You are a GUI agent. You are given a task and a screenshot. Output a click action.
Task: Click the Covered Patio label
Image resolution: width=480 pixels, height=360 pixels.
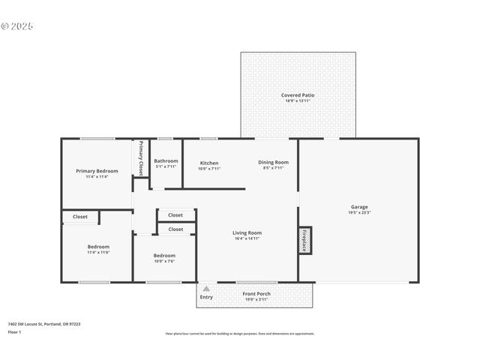(x=297, y=95)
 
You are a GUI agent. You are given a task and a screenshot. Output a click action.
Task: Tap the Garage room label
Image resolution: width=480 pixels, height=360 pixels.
(x=359, y=207)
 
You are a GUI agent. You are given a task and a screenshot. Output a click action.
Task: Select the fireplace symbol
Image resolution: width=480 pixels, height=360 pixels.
(x=306, y=241)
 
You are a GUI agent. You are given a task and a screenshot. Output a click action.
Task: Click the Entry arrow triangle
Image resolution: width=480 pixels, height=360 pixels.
(x=206, y=289)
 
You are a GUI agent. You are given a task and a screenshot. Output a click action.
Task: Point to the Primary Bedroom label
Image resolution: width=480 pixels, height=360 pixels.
(x=97, y=171)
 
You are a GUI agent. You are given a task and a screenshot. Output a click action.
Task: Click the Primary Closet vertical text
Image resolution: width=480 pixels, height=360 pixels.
(x=140, y=157)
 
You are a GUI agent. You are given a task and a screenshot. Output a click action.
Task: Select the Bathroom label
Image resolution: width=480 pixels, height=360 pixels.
(x=166, y=160)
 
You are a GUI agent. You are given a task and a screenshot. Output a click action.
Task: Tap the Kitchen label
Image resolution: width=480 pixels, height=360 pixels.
(x=209, y=163)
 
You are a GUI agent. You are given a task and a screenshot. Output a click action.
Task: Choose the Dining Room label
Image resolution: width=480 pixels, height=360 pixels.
(x=273, y=162)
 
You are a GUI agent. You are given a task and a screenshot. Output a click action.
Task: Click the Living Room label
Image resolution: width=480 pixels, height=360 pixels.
(x=247, y=232)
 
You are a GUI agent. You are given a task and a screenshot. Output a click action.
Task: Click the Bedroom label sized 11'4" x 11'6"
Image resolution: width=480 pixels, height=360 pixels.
(x=98, y=247)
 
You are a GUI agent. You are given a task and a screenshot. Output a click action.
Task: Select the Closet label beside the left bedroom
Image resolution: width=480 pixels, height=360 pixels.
(x=80, y=217)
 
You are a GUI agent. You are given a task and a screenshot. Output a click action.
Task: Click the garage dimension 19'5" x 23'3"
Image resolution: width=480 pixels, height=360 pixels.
(x=359, y=213)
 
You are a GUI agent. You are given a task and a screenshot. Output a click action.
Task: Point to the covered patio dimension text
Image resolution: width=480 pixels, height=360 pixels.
(x=297, y=101)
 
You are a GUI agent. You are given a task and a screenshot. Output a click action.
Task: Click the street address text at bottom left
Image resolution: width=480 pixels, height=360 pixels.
(x=44, y=324)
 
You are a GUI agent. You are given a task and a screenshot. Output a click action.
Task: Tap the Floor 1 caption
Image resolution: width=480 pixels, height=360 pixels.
(x=14, y=331)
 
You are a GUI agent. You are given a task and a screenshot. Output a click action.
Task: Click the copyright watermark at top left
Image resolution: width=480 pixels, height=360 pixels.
(x=17, y=26)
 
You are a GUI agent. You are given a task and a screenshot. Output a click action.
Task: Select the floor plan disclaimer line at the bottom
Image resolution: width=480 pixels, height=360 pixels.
(x=239, y=334)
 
